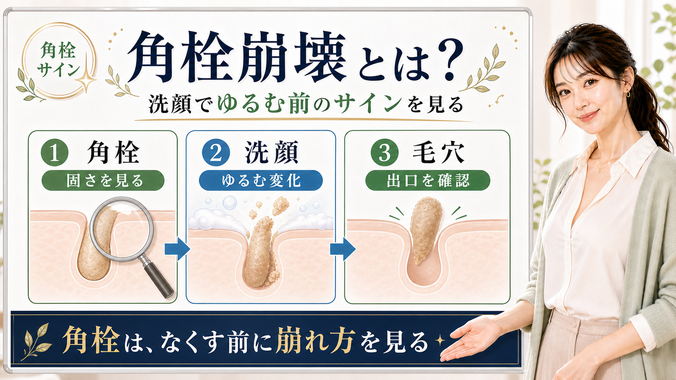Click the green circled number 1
(55, 153)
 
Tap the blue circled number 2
(216, 153)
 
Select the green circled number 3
(384, 153)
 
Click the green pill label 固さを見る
(103, 180)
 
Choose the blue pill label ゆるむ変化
(261, 180)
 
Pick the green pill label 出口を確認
(428, 180)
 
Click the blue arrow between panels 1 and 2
(177, 249)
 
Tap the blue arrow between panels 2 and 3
(342, 249)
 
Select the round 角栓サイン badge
(59, 60)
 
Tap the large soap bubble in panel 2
(230, 202)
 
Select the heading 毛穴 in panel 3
(438, 153)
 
